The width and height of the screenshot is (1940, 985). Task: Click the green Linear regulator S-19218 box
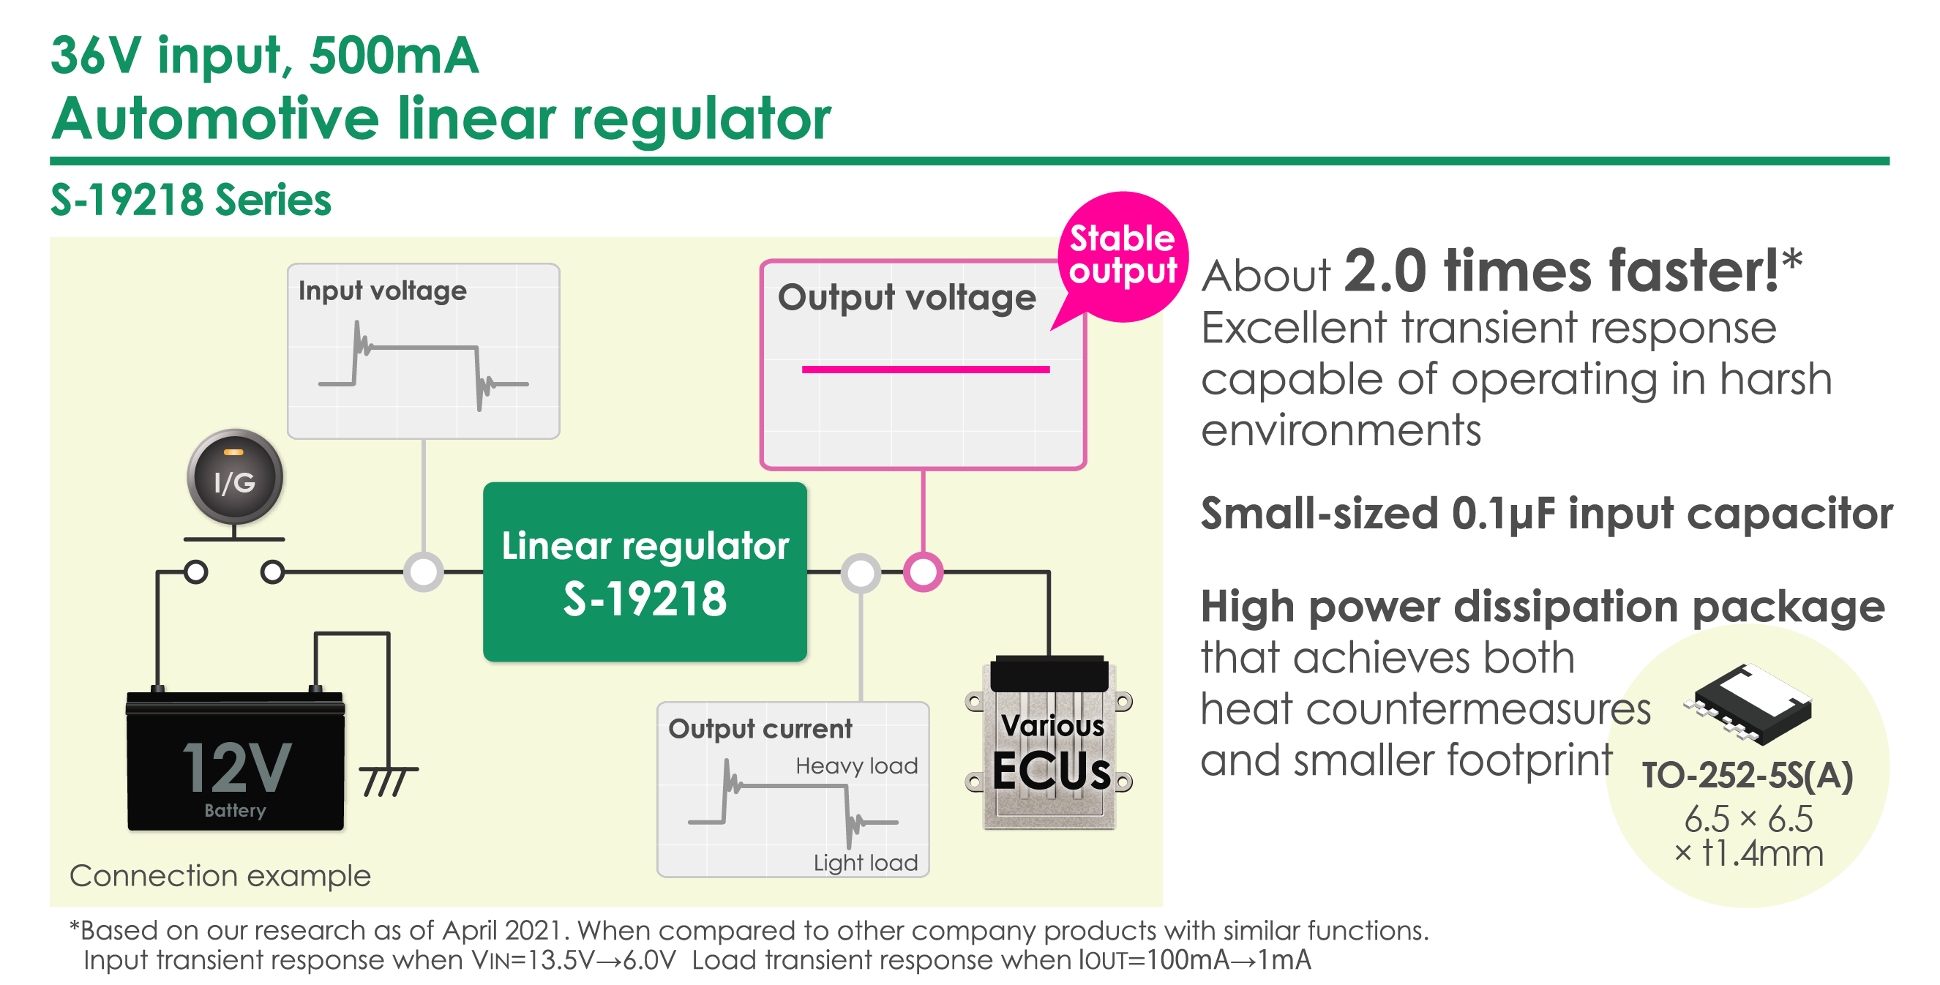645,572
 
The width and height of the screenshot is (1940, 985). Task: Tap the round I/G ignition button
235,476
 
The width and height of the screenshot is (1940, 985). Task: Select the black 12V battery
236,762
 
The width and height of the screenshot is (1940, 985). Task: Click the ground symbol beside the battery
388,780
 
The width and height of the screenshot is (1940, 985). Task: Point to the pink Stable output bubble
1122,255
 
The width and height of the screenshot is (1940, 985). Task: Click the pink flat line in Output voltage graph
926,369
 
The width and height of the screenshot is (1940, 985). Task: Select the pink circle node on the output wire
924,572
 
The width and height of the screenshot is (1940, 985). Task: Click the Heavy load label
856,766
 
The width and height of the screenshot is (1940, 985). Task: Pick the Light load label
865,862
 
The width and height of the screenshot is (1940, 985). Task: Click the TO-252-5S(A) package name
1748,776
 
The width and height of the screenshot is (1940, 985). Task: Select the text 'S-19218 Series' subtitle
190,201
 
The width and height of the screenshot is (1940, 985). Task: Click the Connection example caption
220,876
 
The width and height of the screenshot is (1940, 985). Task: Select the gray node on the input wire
423,572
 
